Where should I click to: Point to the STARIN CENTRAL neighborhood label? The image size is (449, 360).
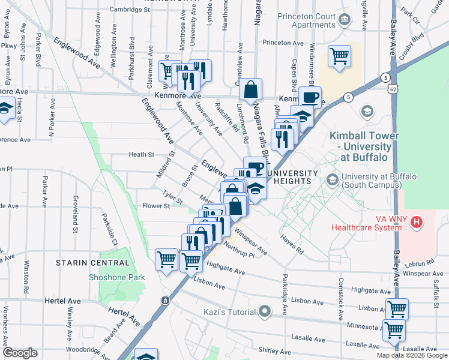(x=92, y=263)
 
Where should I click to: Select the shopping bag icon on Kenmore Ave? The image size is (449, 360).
(x=250, y=90)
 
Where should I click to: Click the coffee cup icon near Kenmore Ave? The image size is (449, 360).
(x=310, y=97)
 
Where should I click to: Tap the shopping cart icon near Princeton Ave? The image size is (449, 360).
(x=340, y=57)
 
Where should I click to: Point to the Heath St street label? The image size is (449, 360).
(x=142, y=155)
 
